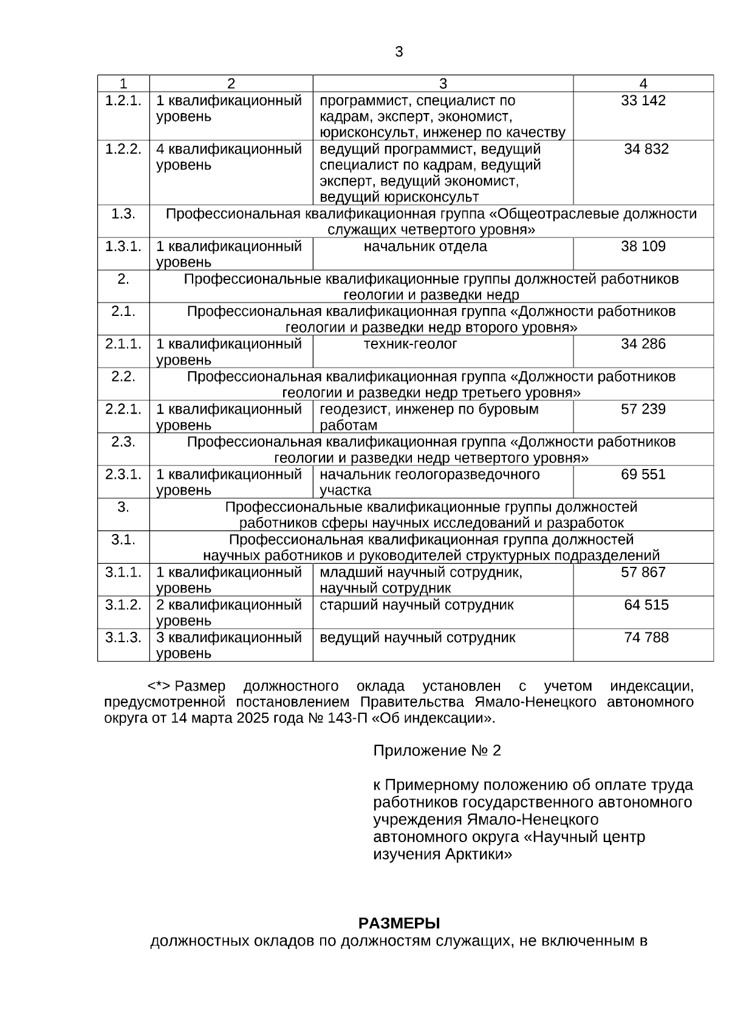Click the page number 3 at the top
click(x=399, y=52)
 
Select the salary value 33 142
click(x=643, y=101)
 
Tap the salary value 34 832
click(x=646, y=149)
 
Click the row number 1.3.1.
click(x=123, y=247)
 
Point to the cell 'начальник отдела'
click(x=425, y=247)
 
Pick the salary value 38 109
click(x=643, y=247)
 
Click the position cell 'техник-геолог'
click(x=410, y=344)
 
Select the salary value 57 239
click(x=643, y=409)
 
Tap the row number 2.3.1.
click(x=123, y=474)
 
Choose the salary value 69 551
click(x=643, y=474)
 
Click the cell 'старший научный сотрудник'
click(x=416, y=605)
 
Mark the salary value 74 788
click(x=646, y=638)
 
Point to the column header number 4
click(x=643, y=84)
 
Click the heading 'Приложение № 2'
click(x=437, y=751)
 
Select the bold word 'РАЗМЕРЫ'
click(x=399, y=924)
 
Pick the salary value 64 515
click(x=646, y=605)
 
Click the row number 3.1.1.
click(x=123, y=572)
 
